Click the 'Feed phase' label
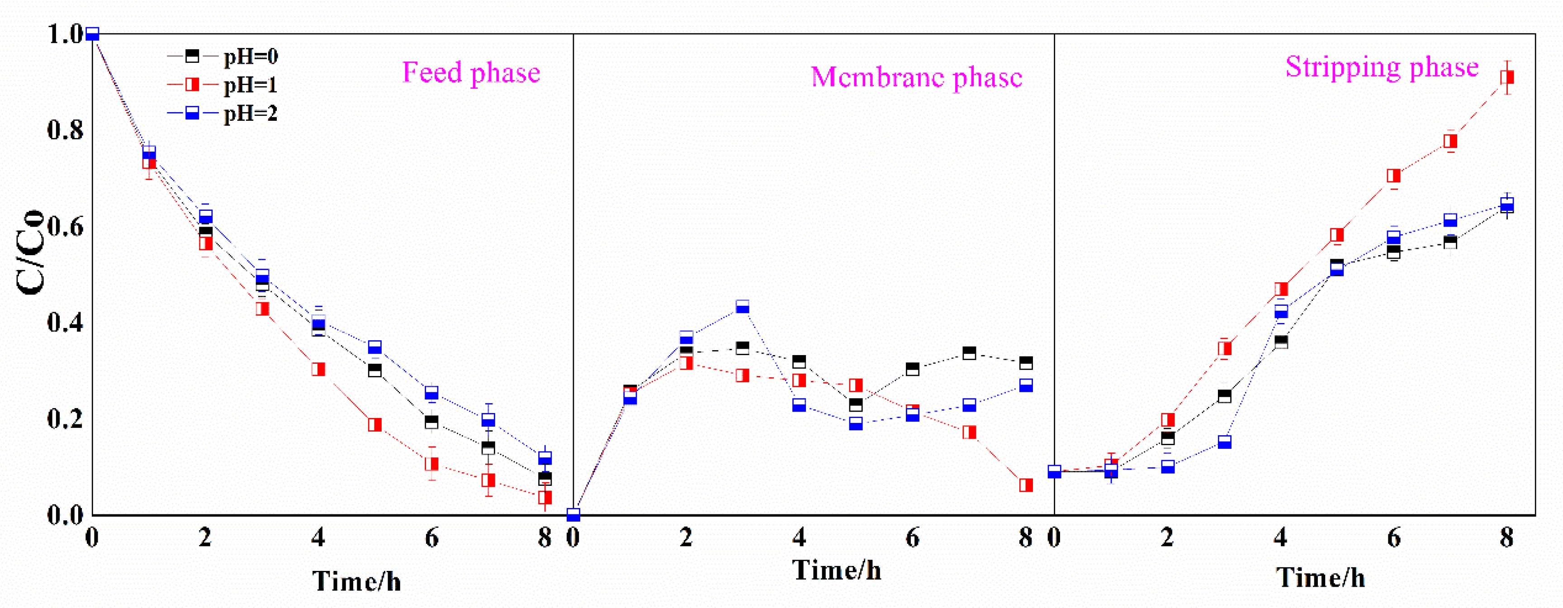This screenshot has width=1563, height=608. (471, 73)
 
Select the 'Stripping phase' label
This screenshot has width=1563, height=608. (1382, 67)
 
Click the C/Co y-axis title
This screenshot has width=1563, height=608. (30, 252)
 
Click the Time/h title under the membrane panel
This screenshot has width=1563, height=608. (837, 570)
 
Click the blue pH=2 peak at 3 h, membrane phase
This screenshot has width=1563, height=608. (743, 306)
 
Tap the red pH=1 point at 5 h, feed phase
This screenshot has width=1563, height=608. (375, 424)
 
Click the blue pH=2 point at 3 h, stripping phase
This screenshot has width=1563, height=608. (1224, 442)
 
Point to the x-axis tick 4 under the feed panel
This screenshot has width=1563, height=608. (318, 537)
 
